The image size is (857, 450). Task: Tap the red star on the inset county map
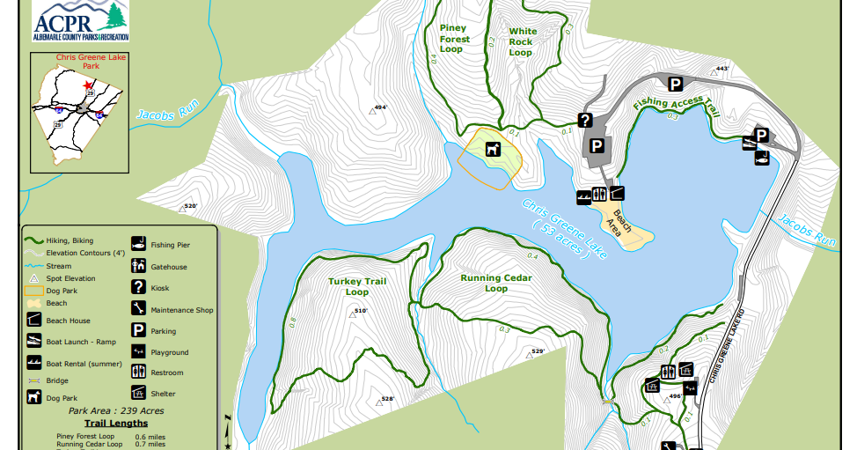click(x=88, y=85)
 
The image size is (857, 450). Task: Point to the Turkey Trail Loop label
click(x=357, y=286)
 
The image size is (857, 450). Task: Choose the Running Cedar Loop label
click(x=496, y=283)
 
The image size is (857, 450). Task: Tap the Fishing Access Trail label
click(x=676, y=107)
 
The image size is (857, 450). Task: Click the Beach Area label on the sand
click(x=621, y=223)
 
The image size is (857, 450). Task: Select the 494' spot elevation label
click(x=380, y=107)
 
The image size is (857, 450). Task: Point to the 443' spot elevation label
click(x=722, y=69)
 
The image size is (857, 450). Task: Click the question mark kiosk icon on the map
click(x=583, y=120)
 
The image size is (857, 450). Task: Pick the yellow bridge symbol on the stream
click(x=607, y=402)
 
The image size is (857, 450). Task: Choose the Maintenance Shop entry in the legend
click(x=181, y=310)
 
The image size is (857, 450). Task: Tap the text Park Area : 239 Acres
click(x=115, y=410)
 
